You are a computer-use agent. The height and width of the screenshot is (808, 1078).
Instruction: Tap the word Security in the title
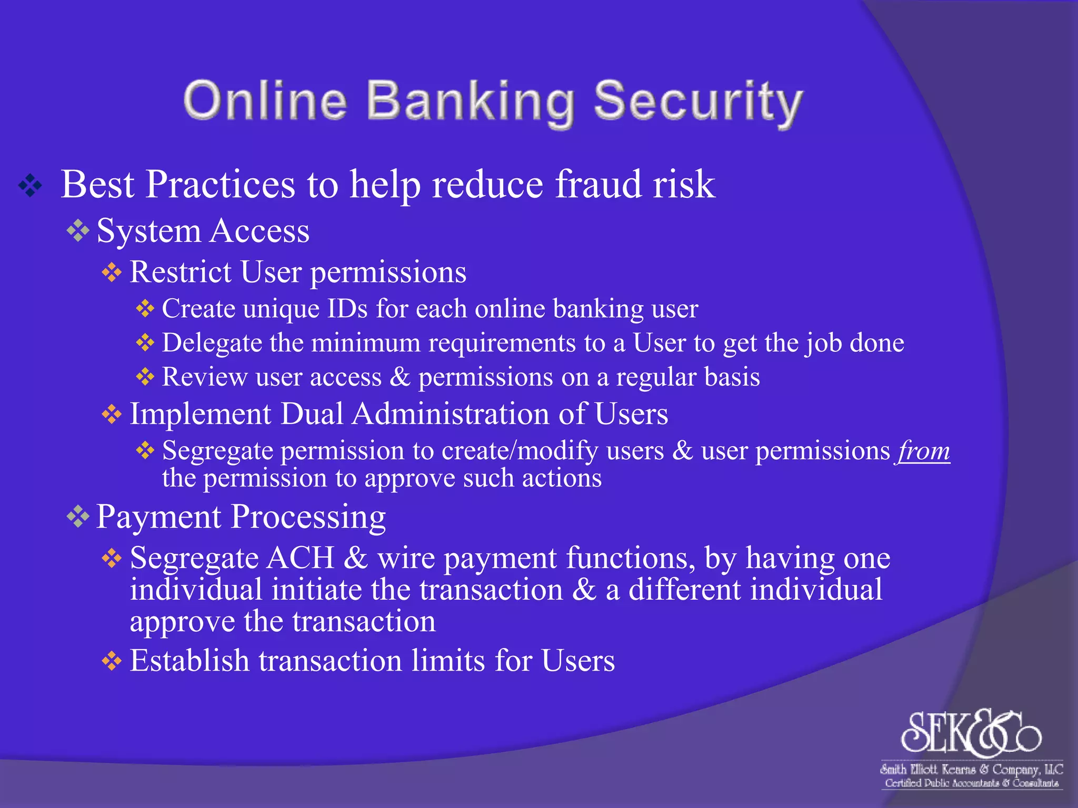(698, 102)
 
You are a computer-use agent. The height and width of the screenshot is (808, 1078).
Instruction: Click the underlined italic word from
(924, 451)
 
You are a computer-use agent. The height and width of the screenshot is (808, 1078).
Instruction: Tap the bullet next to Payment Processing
(78, 517)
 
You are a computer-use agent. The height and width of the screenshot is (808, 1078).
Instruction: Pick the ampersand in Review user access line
(400, 377)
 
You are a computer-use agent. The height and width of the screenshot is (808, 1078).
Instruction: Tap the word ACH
(301, 558)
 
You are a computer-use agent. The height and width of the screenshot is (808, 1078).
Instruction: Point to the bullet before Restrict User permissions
(112, 272)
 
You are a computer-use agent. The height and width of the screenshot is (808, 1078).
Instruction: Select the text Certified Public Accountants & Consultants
(971, 783)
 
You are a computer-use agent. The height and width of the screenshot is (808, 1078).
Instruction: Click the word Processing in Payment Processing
(308, 517)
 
